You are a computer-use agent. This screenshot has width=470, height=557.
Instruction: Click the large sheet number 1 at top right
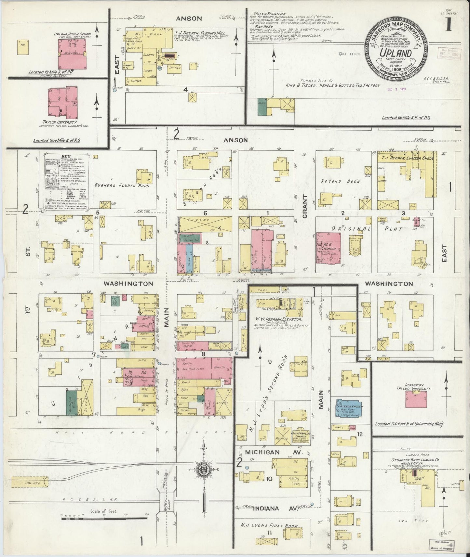[449, 25]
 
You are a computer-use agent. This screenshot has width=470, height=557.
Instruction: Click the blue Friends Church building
[349, 408]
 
